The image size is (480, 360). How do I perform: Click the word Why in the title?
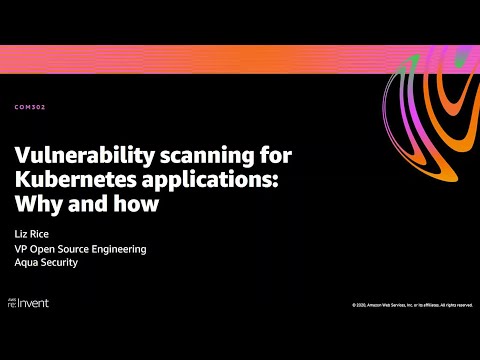pyautogui.click(x=35, y=204)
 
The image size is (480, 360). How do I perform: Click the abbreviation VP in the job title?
pyautogui.click(x=21, y=249)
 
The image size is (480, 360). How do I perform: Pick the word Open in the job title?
pyautogui.click(x=43, y=249)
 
